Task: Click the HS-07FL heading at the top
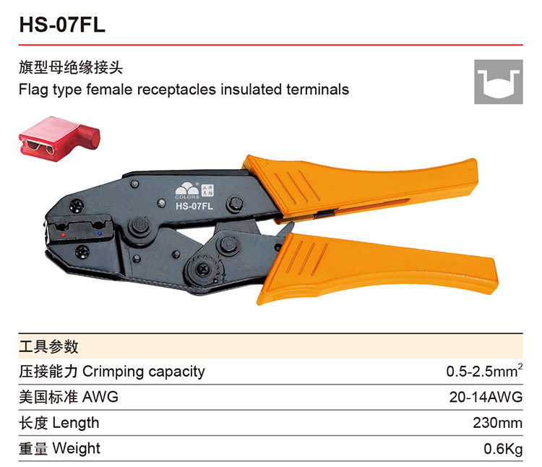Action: coord(63,24)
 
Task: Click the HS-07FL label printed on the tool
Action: coord(194,206)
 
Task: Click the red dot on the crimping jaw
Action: coord(65,235)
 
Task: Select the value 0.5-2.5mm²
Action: coord(483,372)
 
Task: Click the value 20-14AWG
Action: coord(485,397)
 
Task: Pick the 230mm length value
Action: coord(497,423)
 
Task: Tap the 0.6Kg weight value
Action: coord(503,449)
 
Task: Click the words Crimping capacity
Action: coord(144,372)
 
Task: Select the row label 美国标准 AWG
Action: coord(68,397)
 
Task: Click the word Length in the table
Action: coord(76,423)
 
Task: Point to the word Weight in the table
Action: coord(77,449)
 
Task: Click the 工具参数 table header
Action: coord(48,346)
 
